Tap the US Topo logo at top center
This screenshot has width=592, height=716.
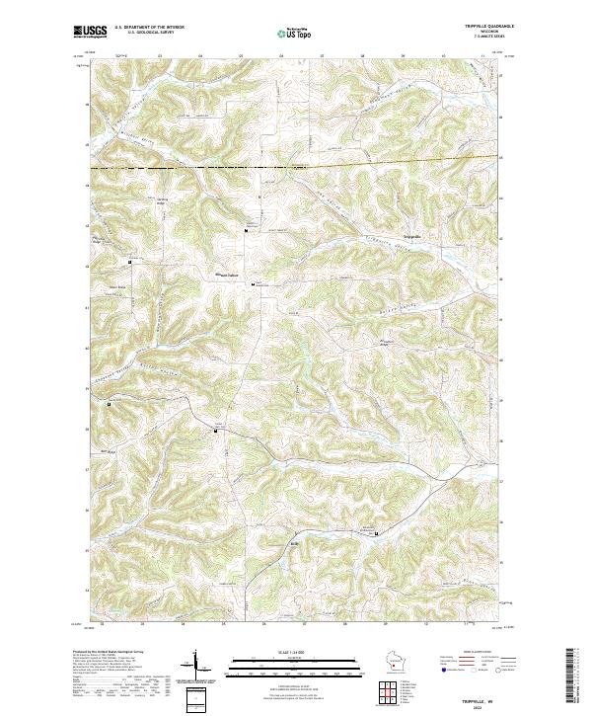pos(295,32)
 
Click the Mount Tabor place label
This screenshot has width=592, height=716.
pos(229,275)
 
